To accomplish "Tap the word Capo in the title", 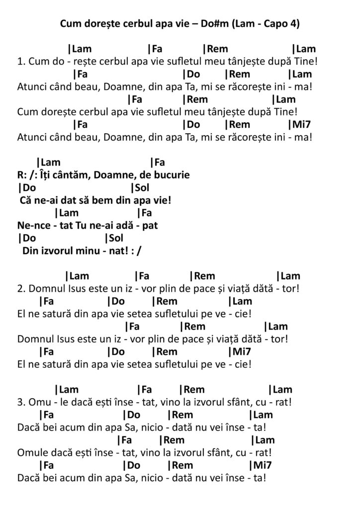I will (274, 23).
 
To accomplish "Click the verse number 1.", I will (20, 62).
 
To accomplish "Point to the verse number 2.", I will (20, 289).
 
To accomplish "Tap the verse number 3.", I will (20, 402).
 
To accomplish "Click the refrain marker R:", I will (22, 175).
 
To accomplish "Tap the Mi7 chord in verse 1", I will (299, 125).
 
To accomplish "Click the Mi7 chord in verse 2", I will (240, 351).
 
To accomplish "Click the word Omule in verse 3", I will (33, 453).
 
